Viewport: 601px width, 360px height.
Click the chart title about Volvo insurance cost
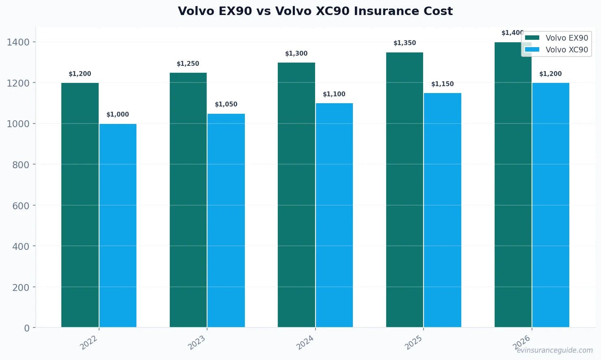315,11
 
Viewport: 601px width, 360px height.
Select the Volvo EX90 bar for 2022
80,205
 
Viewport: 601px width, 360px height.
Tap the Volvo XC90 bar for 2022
118,226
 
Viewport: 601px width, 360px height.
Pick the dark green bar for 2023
188,200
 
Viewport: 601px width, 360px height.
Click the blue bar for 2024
334,215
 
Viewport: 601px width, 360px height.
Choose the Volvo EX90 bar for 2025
404,190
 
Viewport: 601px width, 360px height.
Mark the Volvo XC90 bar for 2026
551,205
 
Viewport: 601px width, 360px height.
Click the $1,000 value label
118,115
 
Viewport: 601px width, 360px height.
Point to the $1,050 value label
226,104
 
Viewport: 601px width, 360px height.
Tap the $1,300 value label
296,54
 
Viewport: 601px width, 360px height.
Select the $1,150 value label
443,84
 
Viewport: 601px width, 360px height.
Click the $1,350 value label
405,43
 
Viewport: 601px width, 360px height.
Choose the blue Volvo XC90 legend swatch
532,50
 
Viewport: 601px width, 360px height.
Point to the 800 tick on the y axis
21,165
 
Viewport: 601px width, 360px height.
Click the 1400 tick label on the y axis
18,42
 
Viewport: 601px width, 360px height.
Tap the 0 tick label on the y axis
27,328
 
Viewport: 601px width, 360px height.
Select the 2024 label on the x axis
305,343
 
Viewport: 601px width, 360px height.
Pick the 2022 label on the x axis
89,343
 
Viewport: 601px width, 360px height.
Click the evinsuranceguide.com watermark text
555,350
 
